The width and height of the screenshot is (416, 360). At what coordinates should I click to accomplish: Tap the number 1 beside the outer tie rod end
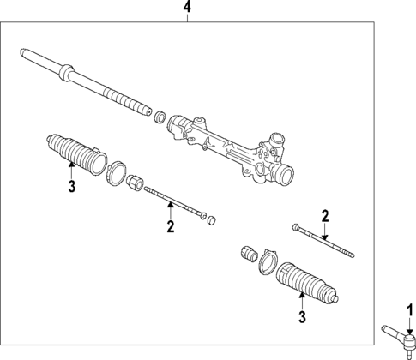coord(409,311)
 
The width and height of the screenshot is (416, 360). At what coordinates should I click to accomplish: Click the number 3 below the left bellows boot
coord(72,186)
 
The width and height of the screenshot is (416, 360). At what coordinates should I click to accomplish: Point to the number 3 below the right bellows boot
coord(301,318)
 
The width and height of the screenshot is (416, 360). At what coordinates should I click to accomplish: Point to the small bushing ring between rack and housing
coord(160,114)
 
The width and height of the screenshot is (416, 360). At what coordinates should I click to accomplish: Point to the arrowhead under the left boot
coord(72,170)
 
